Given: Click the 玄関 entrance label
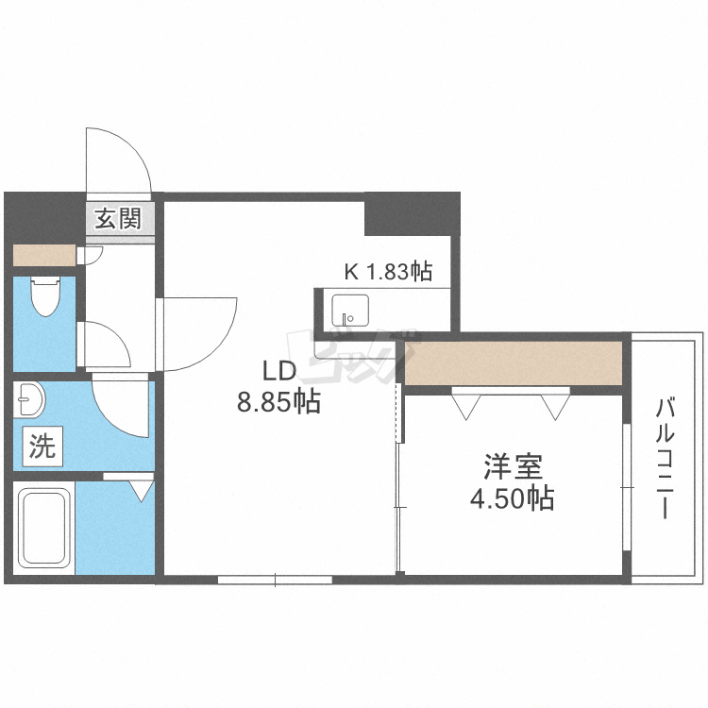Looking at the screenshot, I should pyautogui.click(x=117, y=219).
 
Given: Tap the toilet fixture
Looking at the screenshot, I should pyautogui.click(x=44, y=296).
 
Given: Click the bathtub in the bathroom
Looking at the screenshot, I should pyautogui.click(x=43, y=531).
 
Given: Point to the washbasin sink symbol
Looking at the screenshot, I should pyautogui.click(x=30, y=400).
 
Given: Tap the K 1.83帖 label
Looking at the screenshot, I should pyautogui.click(x=387, y=272).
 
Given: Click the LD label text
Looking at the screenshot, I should pyautogui.click(x=279, y=371).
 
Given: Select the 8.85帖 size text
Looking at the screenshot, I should pyautogui.click(x=278, y=403).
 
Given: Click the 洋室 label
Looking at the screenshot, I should pyautogui.click(x=513, y=466).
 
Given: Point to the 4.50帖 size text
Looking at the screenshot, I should pyautogui.click(x=513, y=497).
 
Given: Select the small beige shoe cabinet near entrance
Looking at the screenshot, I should pyautogui.click(x=42, y=255).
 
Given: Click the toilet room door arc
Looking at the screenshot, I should pyautogui.click(x=107, y=346).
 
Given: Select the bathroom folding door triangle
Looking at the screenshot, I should pyautogui.click(x=142, y=489).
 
